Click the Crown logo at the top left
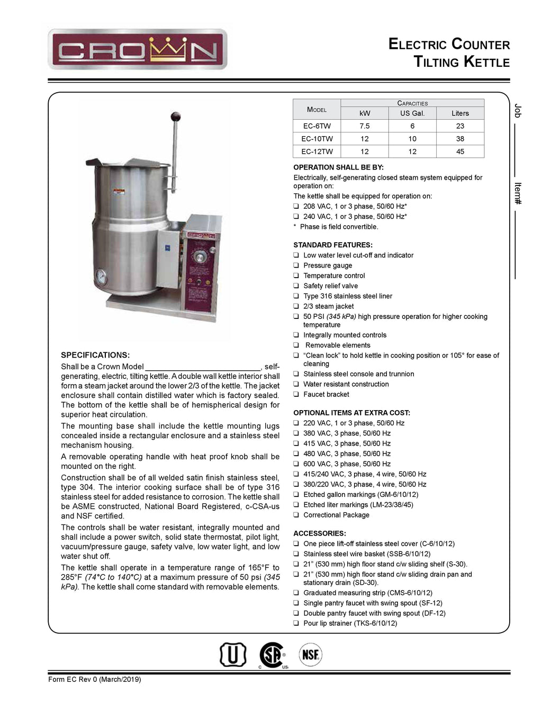[137, 50]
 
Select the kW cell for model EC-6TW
[365, 126]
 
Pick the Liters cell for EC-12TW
[460, 152]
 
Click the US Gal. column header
[412, 113]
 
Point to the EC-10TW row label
[317, 139]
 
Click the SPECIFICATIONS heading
[95, 355]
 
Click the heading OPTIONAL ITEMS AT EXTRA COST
[351, 413]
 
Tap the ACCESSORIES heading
[320, 534]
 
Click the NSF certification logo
[311, 655]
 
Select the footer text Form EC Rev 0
[95, 680]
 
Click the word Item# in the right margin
[518, 194]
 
